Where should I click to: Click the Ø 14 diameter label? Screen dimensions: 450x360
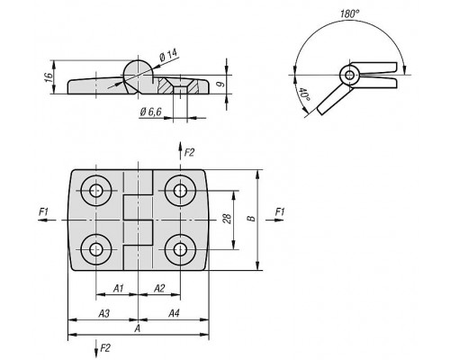(x=168, y=55)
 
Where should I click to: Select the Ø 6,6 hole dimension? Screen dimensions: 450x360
(x=150, y=112)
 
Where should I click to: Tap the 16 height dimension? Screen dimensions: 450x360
(x=49, y=77)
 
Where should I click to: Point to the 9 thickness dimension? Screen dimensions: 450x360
(x=220, y=84)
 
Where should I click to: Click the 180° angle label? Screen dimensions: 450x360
(x=350, y=13)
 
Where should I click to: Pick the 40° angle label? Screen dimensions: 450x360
(x=304, y=94)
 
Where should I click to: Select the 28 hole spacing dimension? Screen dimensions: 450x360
(x=228, y=219)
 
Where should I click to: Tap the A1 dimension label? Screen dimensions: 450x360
(x=118, y=289)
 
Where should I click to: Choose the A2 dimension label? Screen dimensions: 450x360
(x=159, y=289)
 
